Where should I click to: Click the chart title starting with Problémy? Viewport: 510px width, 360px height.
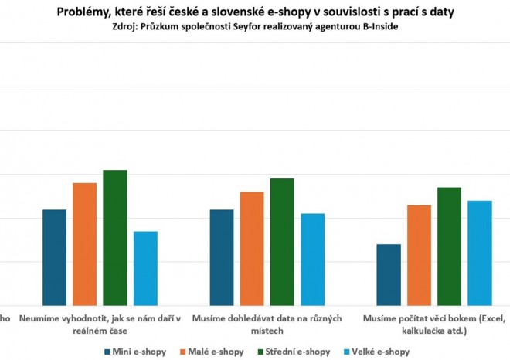coord(255,12)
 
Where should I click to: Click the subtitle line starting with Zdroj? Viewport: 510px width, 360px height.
coord(255,27)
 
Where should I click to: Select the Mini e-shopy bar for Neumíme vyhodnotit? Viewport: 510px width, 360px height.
coord(54,257)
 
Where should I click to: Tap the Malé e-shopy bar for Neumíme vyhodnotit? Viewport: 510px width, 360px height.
coord(84,244)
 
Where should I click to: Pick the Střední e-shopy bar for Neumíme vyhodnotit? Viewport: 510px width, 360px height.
coord(115,237)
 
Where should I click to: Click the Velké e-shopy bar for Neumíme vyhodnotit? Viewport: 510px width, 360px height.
coord(145,268)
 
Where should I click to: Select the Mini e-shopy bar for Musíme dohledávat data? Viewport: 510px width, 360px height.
coord(222,257)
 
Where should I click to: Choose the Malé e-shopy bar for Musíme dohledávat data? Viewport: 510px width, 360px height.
coord(252,248)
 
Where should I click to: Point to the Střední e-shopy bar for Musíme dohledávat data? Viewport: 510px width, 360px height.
coord(282,242)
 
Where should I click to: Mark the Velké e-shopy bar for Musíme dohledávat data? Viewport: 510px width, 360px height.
coord(312,259)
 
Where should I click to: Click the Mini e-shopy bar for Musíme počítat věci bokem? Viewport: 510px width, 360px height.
coord(389,274)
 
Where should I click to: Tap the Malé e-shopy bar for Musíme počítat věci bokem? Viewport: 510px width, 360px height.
coord(419,255)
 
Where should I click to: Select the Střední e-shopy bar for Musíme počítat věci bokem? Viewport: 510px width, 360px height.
coord(449,246)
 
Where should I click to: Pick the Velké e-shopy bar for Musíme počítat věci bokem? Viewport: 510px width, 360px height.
coord(479,253)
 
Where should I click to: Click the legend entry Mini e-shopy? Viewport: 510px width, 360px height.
coord(134,351)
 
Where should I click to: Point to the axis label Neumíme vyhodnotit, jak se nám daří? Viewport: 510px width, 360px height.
coord(100,323)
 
